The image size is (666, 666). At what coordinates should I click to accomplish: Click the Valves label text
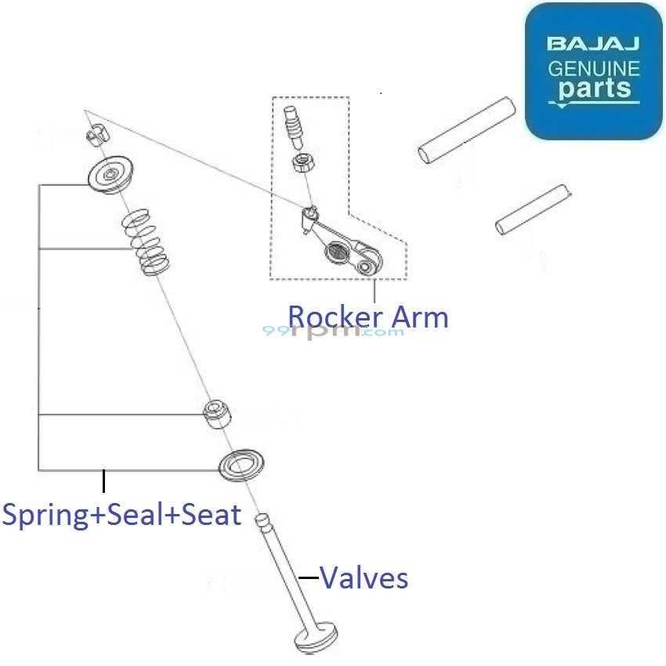coord(364,578)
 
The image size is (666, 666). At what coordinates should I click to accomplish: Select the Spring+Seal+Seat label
coord(121,515)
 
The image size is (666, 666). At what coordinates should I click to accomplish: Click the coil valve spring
coord(147,242)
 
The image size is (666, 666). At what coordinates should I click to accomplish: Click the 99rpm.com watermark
coord(333,331)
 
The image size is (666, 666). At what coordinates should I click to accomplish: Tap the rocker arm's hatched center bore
coord(338,252)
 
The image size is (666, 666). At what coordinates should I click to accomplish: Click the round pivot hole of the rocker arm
coord(365,267)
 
